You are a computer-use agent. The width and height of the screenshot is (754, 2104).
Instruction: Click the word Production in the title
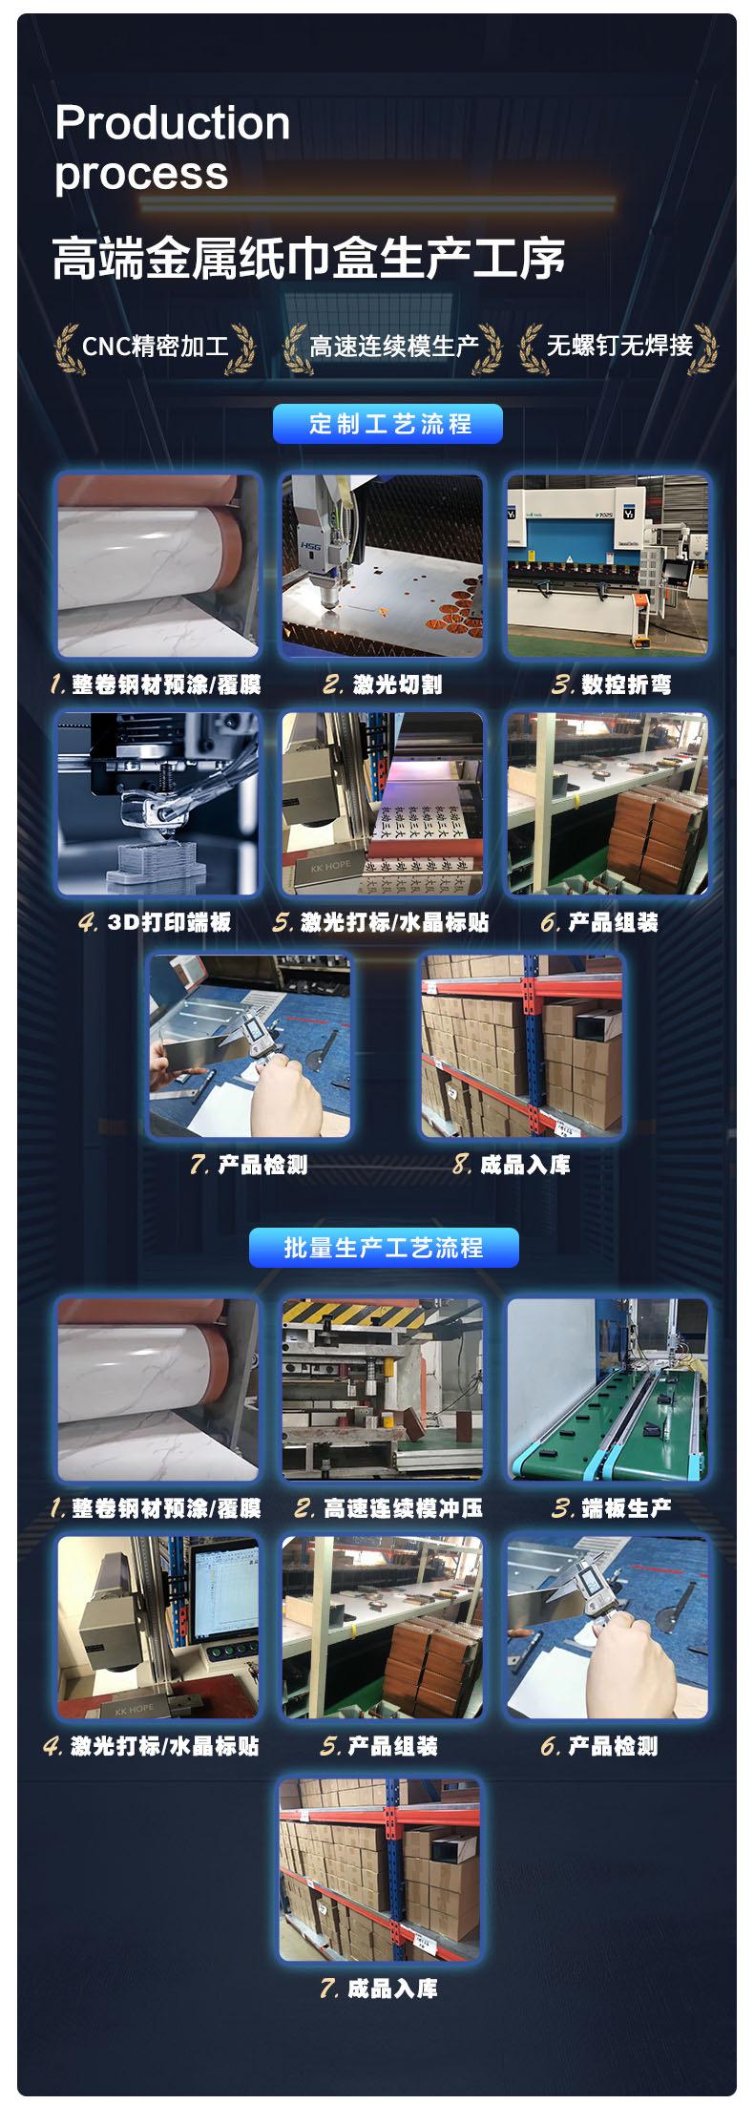tap(173, 123)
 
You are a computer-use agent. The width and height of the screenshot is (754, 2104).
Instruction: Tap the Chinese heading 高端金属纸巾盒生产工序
tap(309, 259)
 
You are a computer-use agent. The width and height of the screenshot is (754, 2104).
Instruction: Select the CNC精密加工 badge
tap(156, 346)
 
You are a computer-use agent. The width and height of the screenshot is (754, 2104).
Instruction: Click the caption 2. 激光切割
tap(383, 684)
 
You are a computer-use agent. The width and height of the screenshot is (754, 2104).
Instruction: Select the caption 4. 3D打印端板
tap(156, 922)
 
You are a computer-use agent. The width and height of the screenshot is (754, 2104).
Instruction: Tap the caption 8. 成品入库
tap(512, 1164)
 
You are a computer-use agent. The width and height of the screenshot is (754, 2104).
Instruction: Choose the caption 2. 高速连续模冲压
tap(388, 1507)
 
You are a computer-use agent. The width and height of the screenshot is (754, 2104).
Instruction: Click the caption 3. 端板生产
tap(611, 1507)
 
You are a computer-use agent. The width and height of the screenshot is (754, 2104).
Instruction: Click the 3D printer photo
tap(158, 804)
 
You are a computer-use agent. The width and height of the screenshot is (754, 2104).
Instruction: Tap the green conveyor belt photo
tap(608, 1389)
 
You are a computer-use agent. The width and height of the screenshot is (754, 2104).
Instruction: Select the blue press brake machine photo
tap(608, 566)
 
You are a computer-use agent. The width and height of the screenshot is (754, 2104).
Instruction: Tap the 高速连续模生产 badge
tap(393, 346)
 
